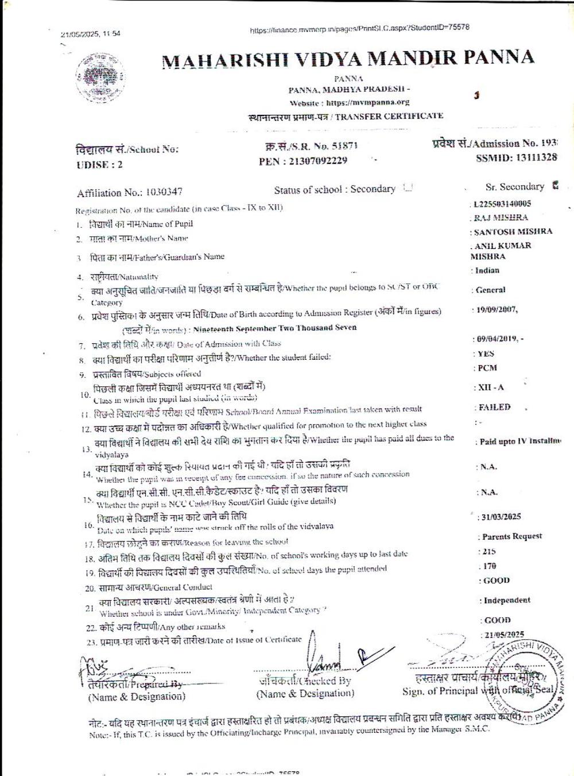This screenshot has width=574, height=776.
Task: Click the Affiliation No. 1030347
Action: click(164, 193)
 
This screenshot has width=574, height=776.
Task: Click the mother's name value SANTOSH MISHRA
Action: click(513, 232)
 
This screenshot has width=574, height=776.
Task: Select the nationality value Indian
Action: click(487, 271)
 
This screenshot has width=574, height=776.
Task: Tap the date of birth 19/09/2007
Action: click(496, 310)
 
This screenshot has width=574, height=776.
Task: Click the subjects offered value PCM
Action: click(487, 368)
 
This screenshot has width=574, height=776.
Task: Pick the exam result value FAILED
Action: click(494, 407)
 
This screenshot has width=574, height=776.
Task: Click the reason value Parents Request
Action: click(511, 536)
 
